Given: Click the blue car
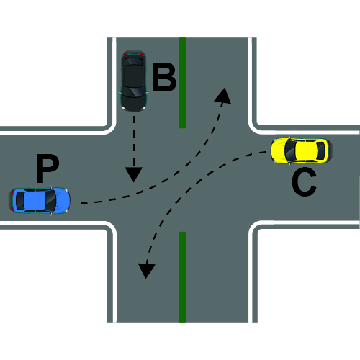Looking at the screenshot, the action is (40, 200).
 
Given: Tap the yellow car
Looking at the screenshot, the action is (302, 150).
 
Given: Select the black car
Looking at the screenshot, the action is (133, 81).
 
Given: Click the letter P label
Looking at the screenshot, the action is (48, 168).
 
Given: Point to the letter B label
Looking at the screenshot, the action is (165, 77).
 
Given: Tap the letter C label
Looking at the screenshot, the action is (304, 181).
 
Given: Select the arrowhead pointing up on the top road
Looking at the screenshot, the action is (223, 96).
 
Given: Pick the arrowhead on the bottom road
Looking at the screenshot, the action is (146, 271).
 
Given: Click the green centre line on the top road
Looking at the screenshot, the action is (182, 83).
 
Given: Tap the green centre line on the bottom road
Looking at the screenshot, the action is (182, 277).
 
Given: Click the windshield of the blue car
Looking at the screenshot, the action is (51, 200).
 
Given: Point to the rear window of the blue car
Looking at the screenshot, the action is (20, 201).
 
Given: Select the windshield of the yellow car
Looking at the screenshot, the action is (290, 150).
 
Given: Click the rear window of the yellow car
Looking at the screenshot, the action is (321, 150).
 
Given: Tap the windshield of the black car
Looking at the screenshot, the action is (134, 91).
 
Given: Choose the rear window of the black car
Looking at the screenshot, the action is (134, 61).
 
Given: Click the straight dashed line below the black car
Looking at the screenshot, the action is (134, 142).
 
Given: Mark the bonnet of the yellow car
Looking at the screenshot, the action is (279, 150).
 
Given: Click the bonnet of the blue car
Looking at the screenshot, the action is (62, 201).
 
